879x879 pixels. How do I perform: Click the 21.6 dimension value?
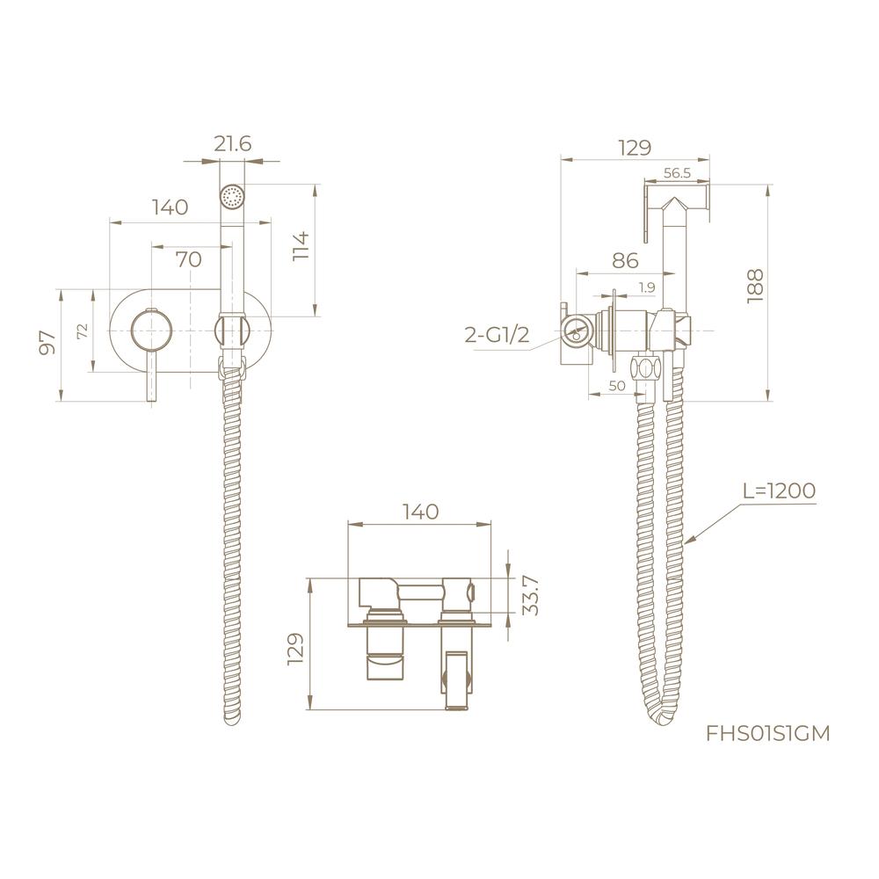233,144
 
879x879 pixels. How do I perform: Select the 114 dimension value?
301,245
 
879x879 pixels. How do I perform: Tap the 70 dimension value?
189,259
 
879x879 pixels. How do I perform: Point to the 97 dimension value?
48,342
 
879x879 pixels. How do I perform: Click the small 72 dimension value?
82,331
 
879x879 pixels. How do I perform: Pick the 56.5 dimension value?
677,173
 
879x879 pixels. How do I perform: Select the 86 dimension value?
625,261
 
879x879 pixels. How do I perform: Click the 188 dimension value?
755,286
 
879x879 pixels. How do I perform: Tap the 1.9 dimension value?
646,287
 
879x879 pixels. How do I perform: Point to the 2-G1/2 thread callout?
497,336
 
